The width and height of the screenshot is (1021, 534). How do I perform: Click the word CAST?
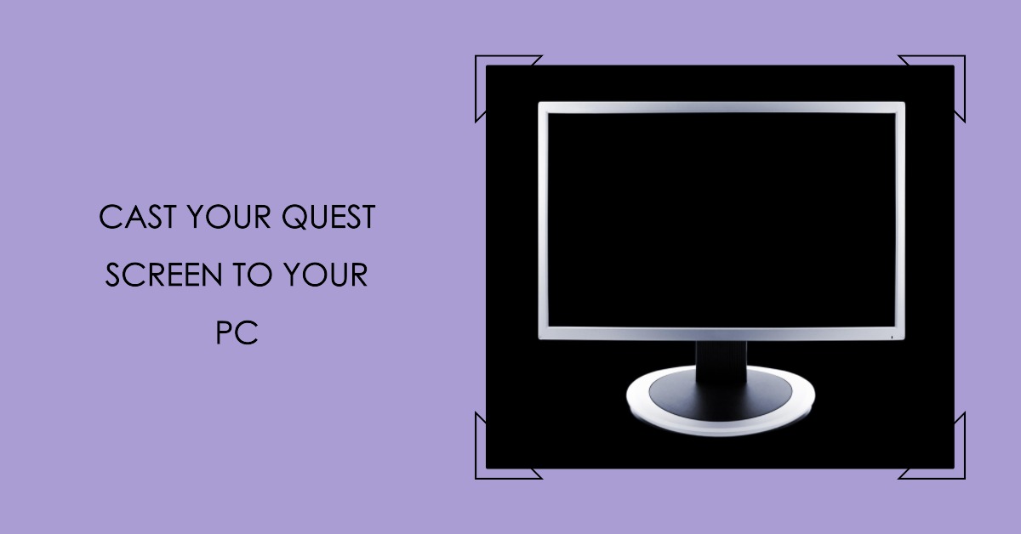click(131, 219)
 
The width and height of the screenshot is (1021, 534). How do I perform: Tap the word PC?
click(237, 334)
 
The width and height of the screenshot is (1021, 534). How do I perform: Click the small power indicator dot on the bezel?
click(891, 336)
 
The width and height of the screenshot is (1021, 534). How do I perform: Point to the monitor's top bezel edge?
click(722, 107)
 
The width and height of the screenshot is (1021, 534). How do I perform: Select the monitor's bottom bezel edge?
click(722, 334)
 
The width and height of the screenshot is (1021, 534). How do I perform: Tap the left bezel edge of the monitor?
click(543, 221)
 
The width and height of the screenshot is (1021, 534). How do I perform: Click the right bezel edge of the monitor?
click(901, 221)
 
